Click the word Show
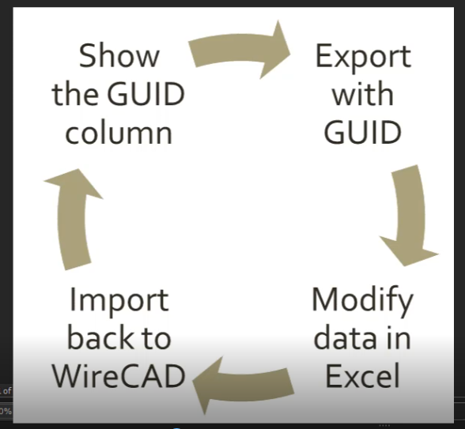[119, 55]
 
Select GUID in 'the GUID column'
[146, 93]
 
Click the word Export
[363, 58]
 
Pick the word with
[363, 93]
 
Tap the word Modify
[363, 301]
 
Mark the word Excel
[362, 376]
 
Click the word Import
[119, 301]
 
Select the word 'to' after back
[156, 339]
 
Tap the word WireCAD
[119, 376]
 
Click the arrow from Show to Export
[237, 47]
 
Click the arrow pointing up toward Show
[72, 220]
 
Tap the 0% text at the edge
[6, 411]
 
